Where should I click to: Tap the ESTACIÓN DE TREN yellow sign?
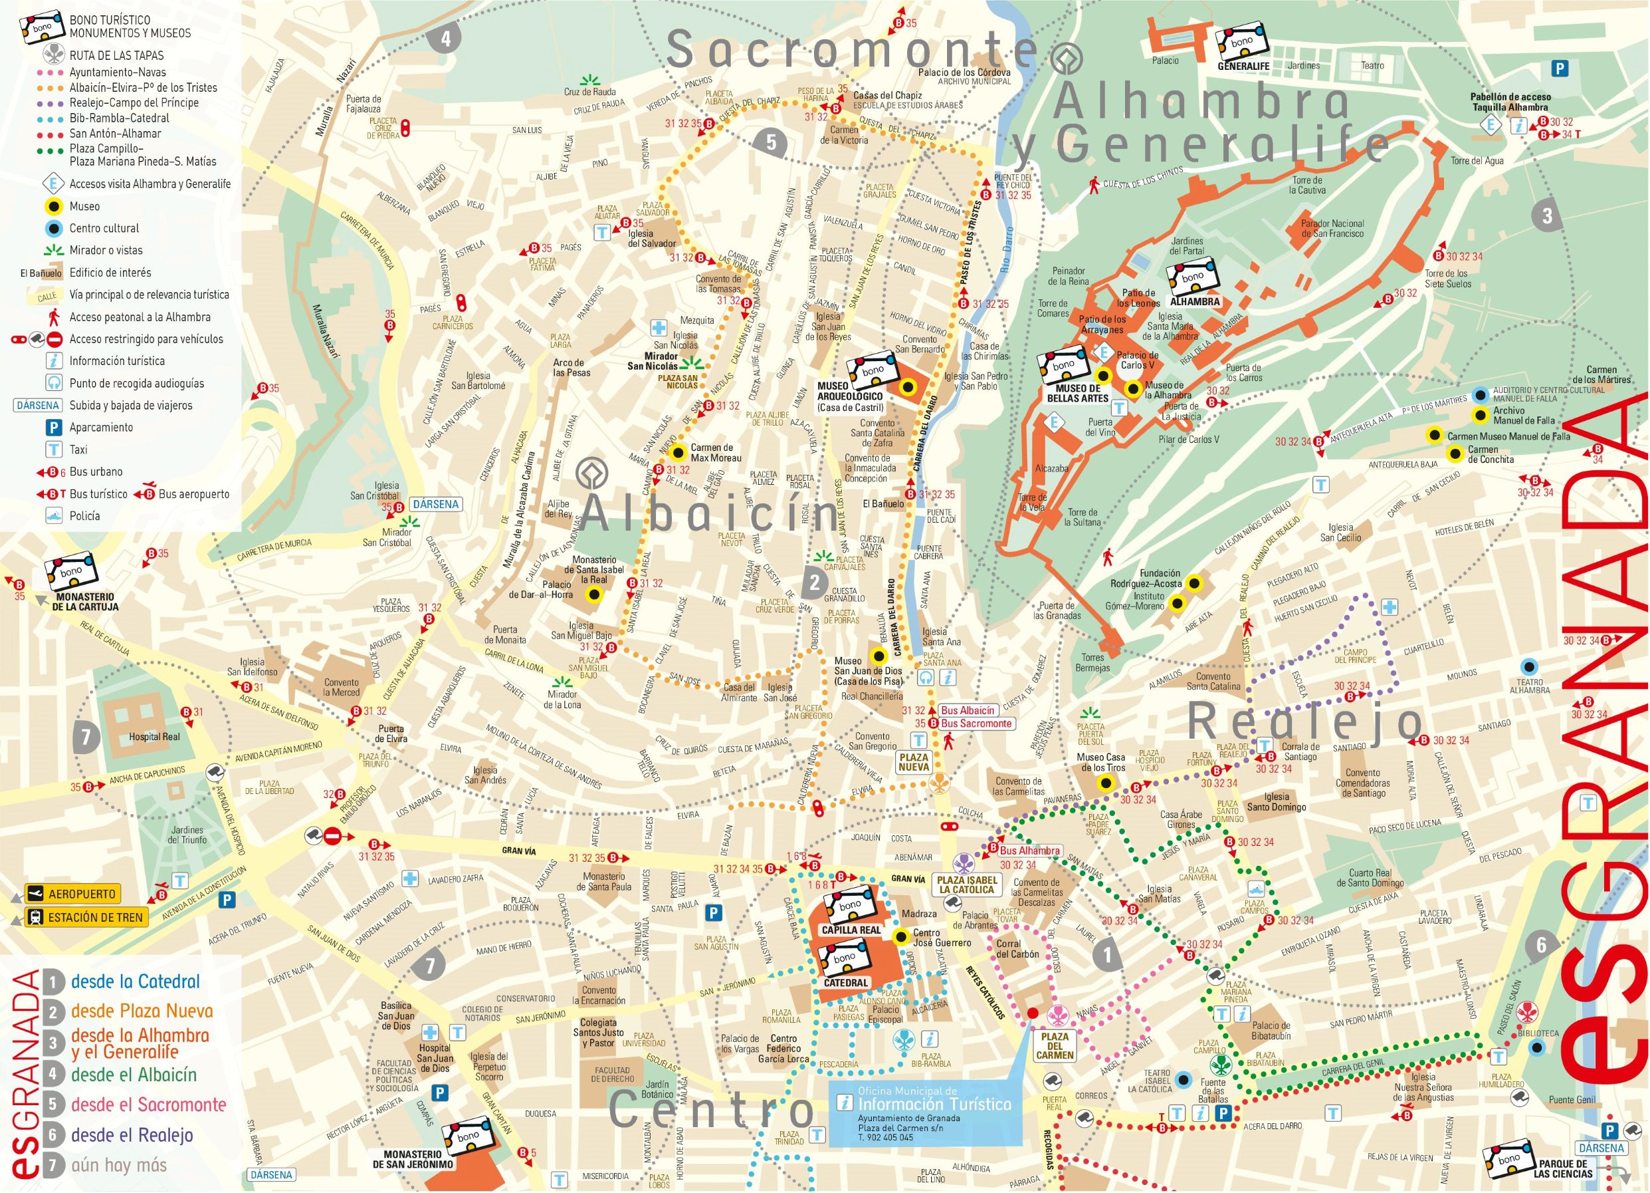86,917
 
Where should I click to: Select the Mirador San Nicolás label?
653,361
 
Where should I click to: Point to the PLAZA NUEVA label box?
914,762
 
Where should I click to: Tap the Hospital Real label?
154,737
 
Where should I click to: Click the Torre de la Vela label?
1033,502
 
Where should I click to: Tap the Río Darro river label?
1007,262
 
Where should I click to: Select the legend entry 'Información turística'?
116,361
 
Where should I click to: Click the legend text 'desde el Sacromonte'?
148,1104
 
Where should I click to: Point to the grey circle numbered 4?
445,38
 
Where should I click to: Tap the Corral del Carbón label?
1008,948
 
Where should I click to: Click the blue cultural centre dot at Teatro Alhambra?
1528,666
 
